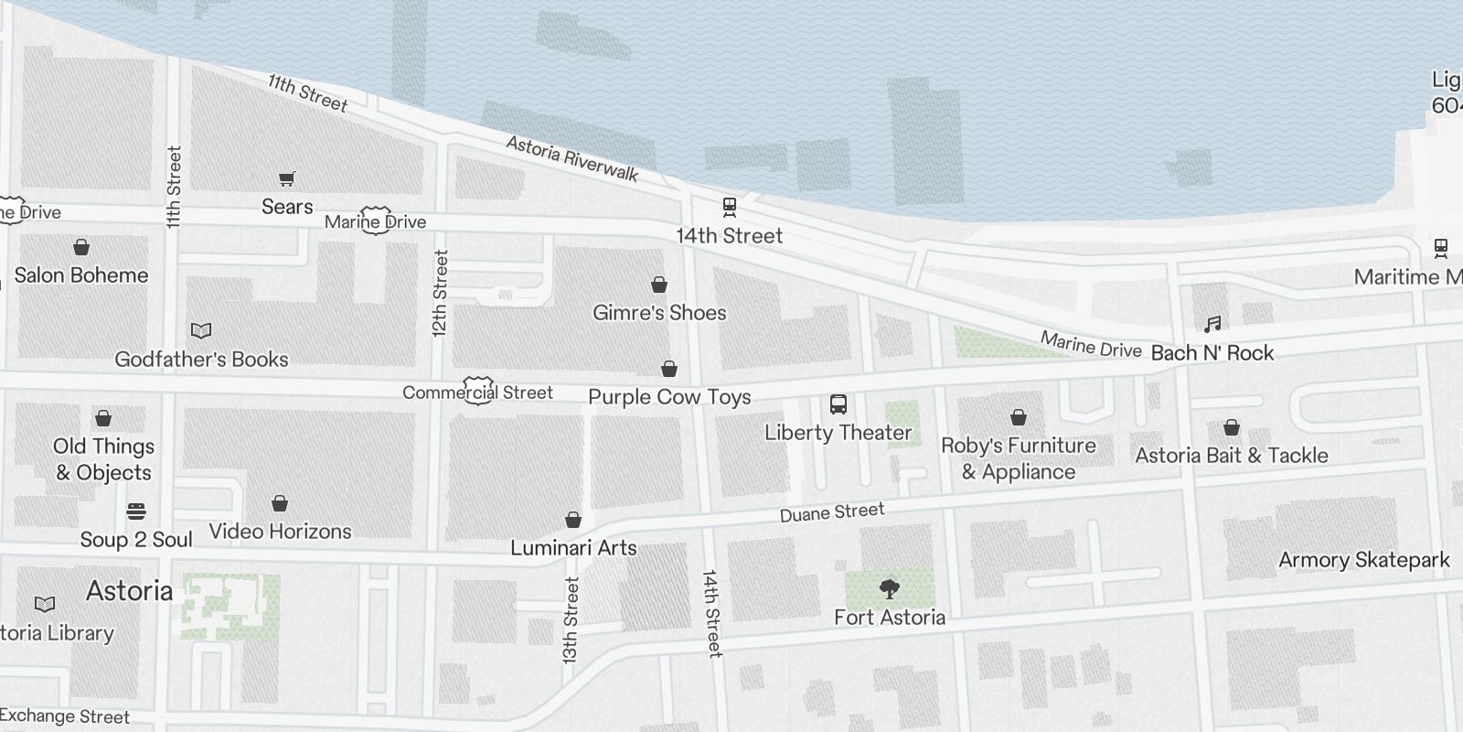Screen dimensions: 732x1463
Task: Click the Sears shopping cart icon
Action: (287, 178)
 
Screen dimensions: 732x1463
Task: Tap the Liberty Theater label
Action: (838, 433)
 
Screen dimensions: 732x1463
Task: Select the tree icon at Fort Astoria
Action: (889, 588)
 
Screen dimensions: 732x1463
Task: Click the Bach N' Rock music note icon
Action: (1212, 324)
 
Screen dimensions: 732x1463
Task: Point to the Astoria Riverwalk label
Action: (572, 158)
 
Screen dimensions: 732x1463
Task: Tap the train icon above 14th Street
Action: (729, 207)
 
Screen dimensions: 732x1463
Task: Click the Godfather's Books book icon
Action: (201, 330)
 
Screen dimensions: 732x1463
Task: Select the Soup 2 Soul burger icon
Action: (136, 511)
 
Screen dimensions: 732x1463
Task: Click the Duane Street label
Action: (832, 512)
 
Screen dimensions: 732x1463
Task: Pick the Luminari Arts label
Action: (573, 548)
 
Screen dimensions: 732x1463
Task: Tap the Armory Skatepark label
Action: (1363, 560)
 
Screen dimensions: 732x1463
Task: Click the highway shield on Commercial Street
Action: (479, 390)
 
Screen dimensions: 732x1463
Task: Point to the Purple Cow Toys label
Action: (669, 397)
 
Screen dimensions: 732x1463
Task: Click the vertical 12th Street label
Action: (441, 294)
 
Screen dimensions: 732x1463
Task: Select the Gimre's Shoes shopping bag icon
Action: (658, 285)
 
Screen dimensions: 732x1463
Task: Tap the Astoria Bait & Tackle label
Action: (1231, 456)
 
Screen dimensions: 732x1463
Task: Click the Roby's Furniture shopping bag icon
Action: (1018, 418)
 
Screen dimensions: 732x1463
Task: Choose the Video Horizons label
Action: (280, 532)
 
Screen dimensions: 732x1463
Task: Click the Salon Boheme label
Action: (80, 275)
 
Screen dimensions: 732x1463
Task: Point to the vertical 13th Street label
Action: (571, 619)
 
